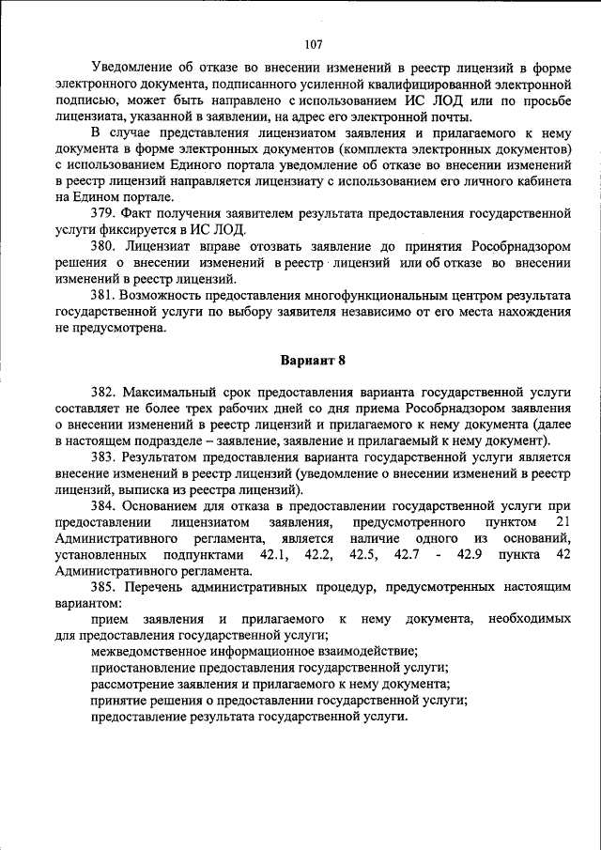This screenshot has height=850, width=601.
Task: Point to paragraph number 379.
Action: [104, 213]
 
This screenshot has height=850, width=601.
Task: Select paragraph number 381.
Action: [104, 296]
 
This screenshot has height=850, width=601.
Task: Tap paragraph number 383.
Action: [104, 457]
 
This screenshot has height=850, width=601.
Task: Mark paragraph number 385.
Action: [104, 587]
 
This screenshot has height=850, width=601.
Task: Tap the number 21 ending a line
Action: [562, 521]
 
